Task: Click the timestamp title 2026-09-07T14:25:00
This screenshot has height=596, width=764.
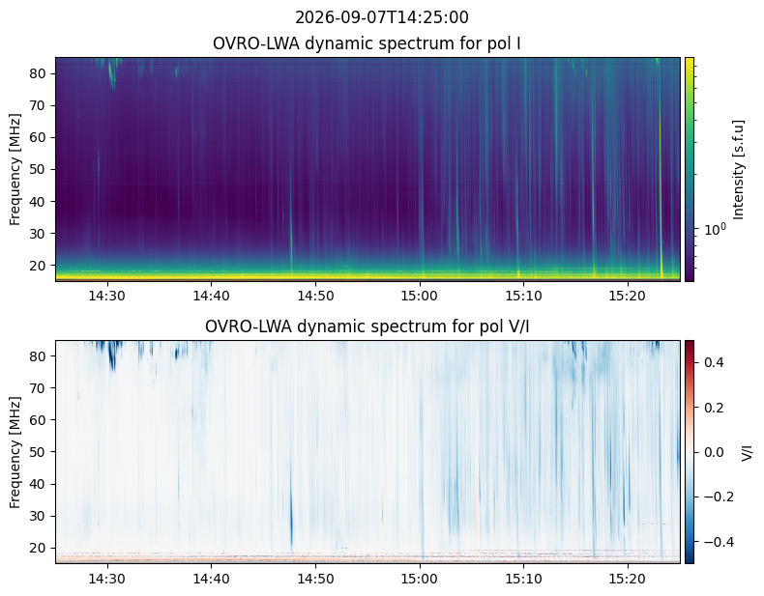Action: [381, 17]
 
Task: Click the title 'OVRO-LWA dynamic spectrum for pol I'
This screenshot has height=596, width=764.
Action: [367, 43]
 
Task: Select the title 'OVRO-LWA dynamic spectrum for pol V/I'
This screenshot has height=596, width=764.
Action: [367, 326]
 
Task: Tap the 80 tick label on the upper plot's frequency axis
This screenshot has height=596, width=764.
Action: [38, 73]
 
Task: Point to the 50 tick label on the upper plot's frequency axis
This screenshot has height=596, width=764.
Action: [38, 169]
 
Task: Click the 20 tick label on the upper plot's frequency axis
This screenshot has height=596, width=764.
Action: [38, 266]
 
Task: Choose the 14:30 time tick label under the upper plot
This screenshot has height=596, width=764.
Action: [106, 296]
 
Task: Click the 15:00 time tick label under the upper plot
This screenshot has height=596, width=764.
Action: [420, 296]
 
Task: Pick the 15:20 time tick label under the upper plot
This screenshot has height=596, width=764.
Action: [628, 296]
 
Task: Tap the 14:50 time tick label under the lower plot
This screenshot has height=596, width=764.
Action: [315, 579]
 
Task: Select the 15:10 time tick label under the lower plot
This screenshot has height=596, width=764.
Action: [524, 579]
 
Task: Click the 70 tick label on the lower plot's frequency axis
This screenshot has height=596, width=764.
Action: [38, 388]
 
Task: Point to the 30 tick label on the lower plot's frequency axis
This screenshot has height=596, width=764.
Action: [38, 516]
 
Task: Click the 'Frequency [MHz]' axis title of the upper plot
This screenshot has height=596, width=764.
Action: [15, 169]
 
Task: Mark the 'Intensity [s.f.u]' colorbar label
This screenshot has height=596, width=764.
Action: [739, 169]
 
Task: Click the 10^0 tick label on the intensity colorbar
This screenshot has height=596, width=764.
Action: [715, 229]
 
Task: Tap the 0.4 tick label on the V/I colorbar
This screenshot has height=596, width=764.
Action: [714, 362]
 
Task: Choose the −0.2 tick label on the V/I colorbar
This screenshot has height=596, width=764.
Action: [719, 497]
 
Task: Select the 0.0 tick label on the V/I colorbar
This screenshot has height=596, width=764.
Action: [714, 452]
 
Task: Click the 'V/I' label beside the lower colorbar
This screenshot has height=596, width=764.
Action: [747, 452]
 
